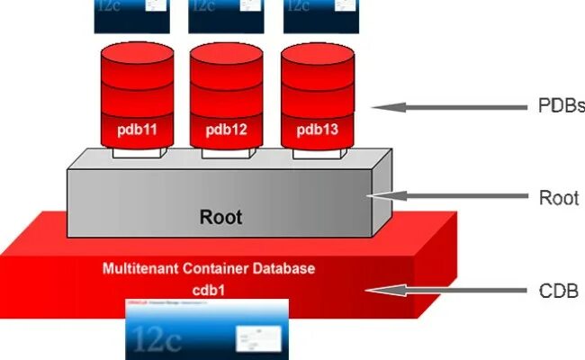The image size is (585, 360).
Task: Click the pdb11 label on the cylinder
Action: [137, 130]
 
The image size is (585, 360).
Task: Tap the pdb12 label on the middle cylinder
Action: [226, 130]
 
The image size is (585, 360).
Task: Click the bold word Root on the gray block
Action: [220, 217]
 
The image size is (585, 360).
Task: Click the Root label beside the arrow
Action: [558, 197]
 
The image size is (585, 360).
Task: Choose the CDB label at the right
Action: [558, 291]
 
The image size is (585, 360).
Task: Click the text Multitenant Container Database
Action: [209, 268]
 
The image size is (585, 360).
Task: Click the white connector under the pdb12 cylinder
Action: [226, 154]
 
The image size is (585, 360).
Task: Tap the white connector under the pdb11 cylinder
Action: [137, 154]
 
